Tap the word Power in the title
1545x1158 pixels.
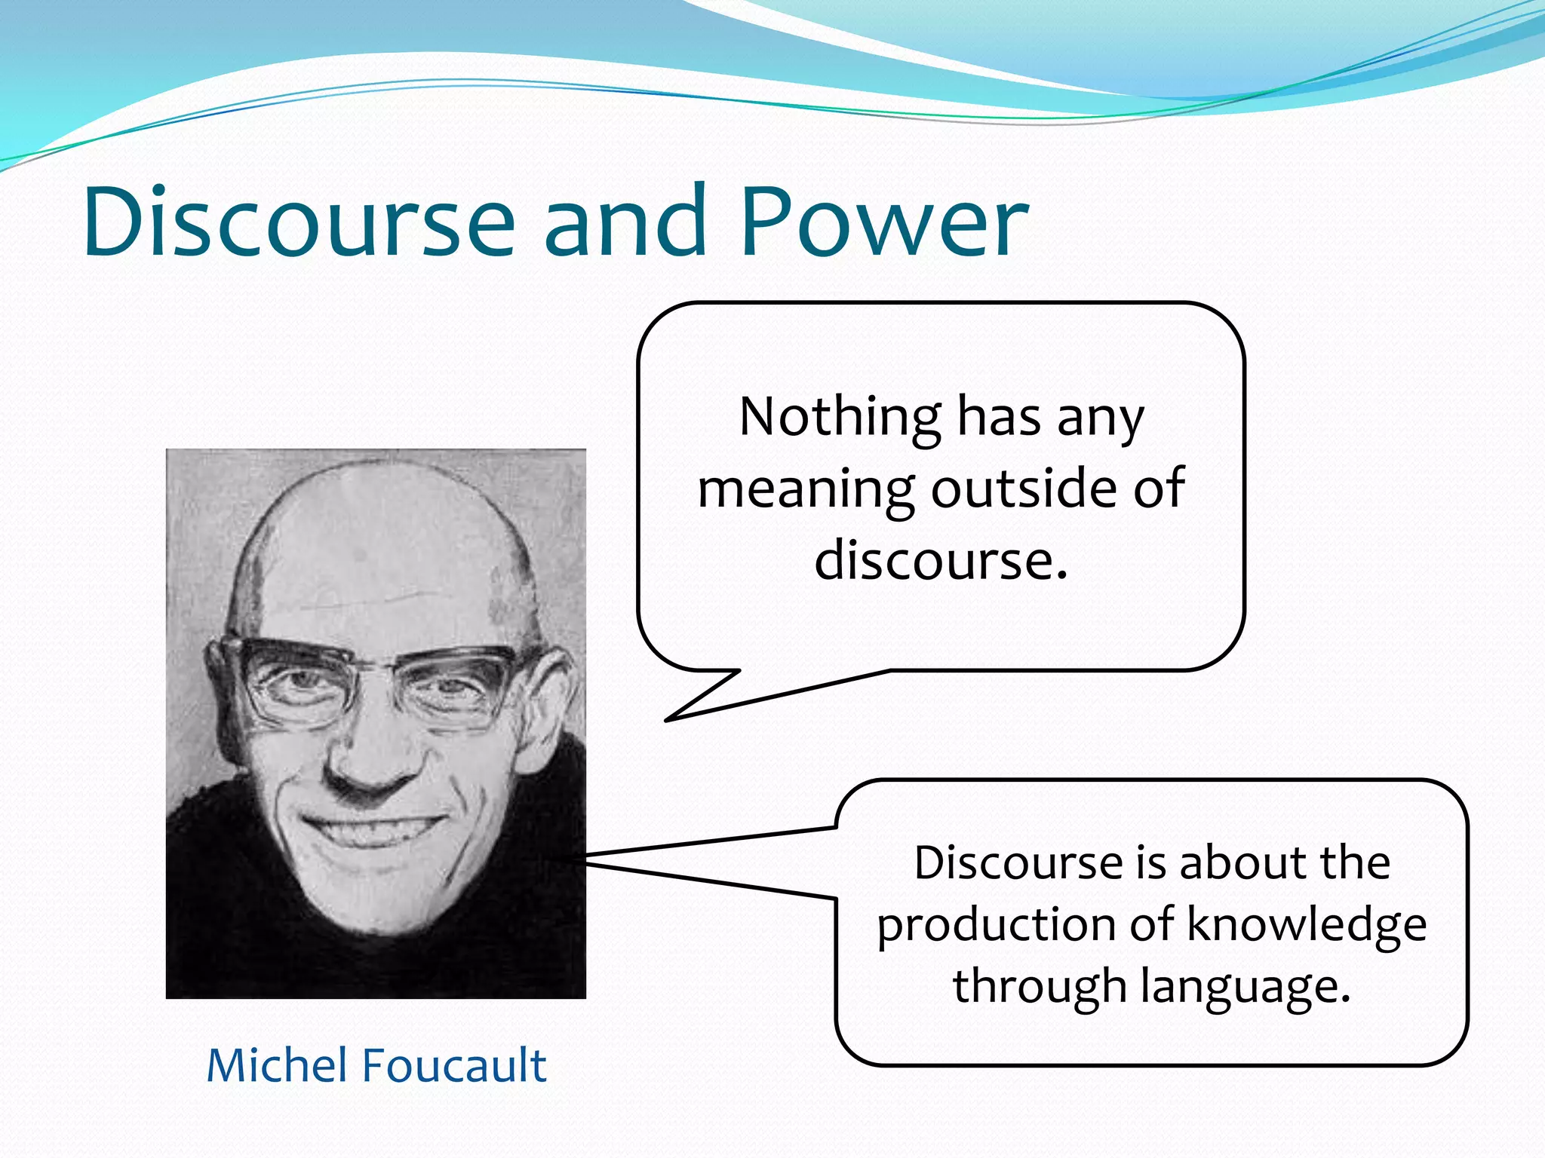click(883, 222)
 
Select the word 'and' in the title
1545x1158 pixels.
click(625, 222)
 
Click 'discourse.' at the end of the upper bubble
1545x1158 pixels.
click(941, 561)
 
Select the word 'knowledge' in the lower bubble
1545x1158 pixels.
click(1307, 926)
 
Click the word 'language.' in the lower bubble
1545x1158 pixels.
click(1245, 988)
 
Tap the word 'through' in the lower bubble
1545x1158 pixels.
click(1040, 988)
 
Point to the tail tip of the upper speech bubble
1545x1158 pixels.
click(667, 721)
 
